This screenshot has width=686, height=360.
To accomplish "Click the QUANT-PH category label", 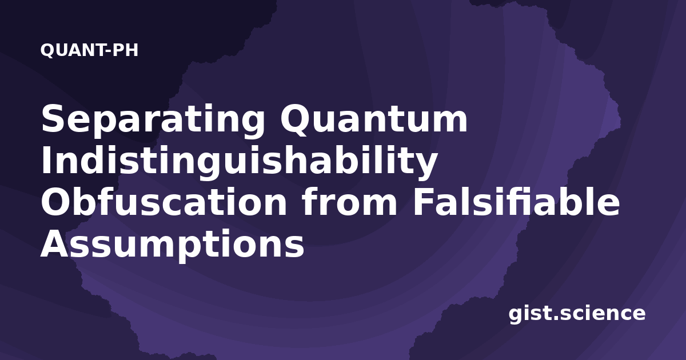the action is point(89,50).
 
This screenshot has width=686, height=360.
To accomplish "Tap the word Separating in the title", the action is point(153,121).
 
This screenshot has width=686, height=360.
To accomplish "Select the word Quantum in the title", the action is point(374,119).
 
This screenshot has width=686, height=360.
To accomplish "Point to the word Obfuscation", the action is point(164,202).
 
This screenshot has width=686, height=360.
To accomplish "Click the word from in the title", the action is point(349,202).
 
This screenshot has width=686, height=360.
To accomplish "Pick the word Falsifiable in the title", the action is point(516,202).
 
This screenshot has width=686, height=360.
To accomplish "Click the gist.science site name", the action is point(577,314).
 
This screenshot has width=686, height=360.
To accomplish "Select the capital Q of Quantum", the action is point(294,120).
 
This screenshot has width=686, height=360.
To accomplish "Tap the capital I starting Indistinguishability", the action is point(46,160).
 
